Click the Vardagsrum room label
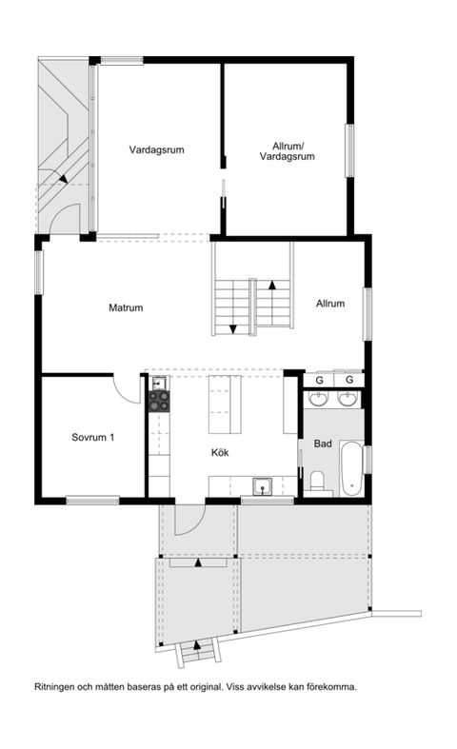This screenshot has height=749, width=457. click(156, 149)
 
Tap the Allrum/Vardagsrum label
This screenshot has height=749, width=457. click(287, 150)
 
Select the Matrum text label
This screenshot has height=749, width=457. click(126, 307)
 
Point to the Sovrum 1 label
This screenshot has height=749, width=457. click(93, 438)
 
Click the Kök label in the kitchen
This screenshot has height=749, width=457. click(221, 453)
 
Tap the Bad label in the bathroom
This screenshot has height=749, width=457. click(323, 443)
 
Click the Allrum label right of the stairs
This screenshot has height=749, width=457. click(329, 304)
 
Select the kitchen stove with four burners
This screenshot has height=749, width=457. click(158, 402)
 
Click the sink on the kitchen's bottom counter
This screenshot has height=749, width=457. click(262, 487)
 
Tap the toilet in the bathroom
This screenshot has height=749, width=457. click(320, 480)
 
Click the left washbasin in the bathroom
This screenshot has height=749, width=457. click(321, 397)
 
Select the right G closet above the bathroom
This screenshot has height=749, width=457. click(349, 379)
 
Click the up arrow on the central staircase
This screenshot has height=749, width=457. click(272, 284)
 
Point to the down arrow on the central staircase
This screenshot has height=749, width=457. click(233, 328)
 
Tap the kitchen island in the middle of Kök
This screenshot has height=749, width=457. click(226, 404)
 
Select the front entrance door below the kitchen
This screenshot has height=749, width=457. click(189, 518)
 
